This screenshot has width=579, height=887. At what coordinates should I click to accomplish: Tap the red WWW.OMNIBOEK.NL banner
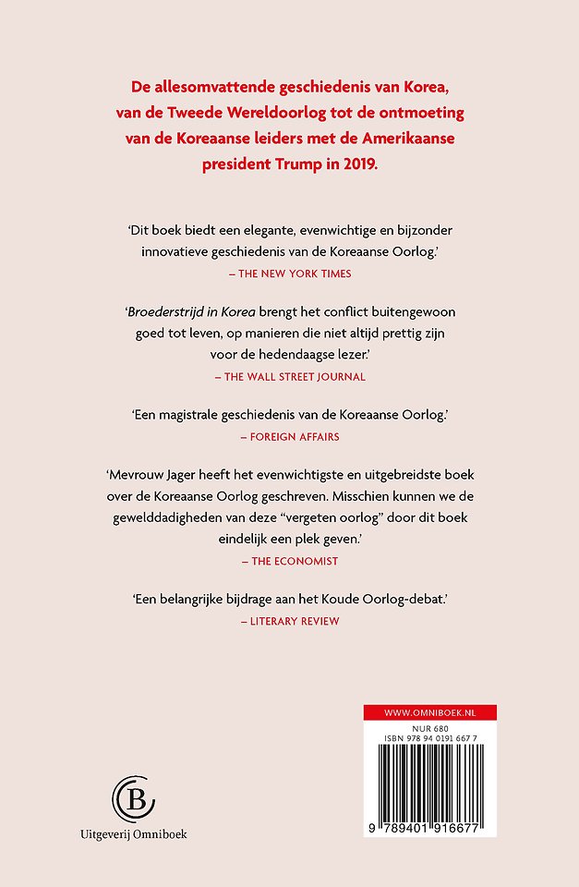click(429, 713)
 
